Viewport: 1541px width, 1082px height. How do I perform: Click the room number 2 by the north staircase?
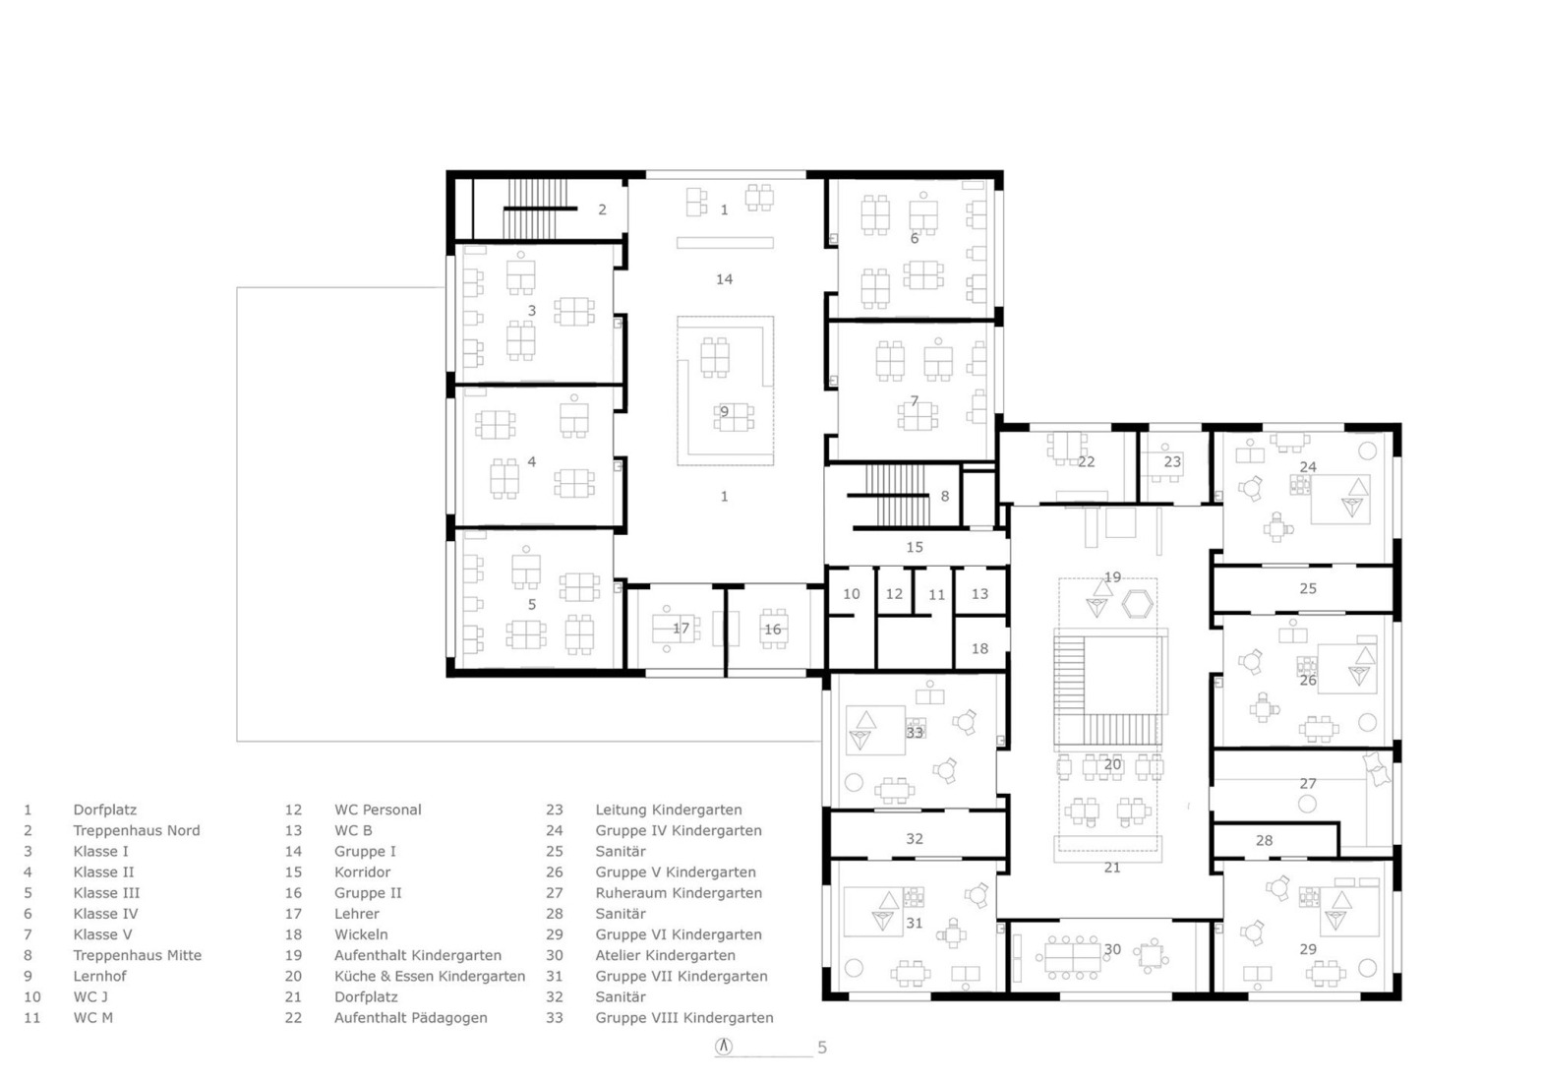602,210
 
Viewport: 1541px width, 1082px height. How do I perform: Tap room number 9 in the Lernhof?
724,412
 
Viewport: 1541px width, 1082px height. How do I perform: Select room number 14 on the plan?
724,279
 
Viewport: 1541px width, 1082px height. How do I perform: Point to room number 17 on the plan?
681,629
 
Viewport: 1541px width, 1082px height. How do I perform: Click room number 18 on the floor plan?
979,648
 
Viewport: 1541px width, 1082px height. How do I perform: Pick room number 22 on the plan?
1086,461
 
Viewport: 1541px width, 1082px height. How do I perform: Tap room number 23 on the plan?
1172,461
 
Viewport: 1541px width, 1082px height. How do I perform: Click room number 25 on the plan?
1307,588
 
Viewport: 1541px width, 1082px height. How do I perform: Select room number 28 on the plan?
1264,840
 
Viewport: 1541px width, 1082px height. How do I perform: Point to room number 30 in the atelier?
1112,949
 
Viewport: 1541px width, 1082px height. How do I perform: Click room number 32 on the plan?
915,839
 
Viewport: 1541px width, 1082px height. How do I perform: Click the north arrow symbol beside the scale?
724,1047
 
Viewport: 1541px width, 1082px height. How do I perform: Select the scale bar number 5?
822,1048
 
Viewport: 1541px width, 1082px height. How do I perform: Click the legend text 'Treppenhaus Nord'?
136,830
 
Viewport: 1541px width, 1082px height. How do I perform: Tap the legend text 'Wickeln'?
361,934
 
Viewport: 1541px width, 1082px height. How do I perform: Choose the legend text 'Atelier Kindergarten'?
665,955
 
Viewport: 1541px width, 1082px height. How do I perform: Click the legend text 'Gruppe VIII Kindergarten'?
683,1018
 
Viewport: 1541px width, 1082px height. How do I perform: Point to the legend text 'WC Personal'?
378,810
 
